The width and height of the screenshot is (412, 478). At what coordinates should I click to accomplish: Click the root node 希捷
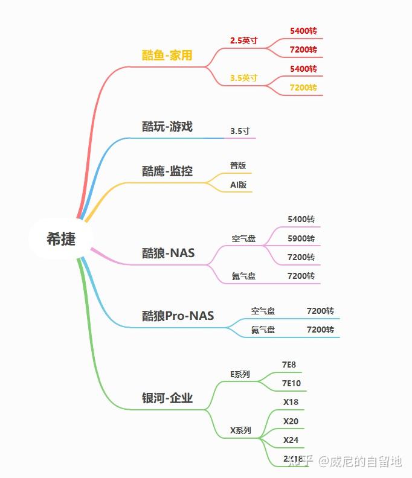point(61,238)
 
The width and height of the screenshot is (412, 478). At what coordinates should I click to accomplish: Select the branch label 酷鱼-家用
point(167,56)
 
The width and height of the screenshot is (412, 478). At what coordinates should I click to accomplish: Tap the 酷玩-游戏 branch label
point(167,127)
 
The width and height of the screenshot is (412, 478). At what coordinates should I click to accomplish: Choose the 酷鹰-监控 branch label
point(167,171)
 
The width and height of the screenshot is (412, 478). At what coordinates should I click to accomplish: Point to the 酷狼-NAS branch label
point(169,253)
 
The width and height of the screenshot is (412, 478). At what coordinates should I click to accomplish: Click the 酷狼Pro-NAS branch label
point(178,316)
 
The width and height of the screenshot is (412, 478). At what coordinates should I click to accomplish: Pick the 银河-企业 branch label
point(167,398)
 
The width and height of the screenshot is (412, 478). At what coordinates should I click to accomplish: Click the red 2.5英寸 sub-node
point(243,40)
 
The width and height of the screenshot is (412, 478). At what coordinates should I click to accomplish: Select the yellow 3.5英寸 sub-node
point(243,78)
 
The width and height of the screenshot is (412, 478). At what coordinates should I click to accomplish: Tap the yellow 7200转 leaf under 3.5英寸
point(303,88)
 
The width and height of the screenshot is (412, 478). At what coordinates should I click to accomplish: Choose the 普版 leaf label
point(238,165)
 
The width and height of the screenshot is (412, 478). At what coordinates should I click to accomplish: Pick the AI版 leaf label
point(238,185)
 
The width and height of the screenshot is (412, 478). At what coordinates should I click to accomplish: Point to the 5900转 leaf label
point(301,238)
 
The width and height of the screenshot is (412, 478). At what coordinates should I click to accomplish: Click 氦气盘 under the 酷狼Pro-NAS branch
point(263,330)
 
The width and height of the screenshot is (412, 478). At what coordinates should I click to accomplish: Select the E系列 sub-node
point(240,374)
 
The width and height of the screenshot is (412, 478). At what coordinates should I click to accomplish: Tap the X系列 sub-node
point(240,431)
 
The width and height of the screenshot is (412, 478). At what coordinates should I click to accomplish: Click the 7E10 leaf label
point(291,383)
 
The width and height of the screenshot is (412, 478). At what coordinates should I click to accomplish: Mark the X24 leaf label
point(291,440)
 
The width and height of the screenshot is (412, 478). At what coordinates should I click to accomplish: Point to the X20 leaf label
point(291,421)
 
